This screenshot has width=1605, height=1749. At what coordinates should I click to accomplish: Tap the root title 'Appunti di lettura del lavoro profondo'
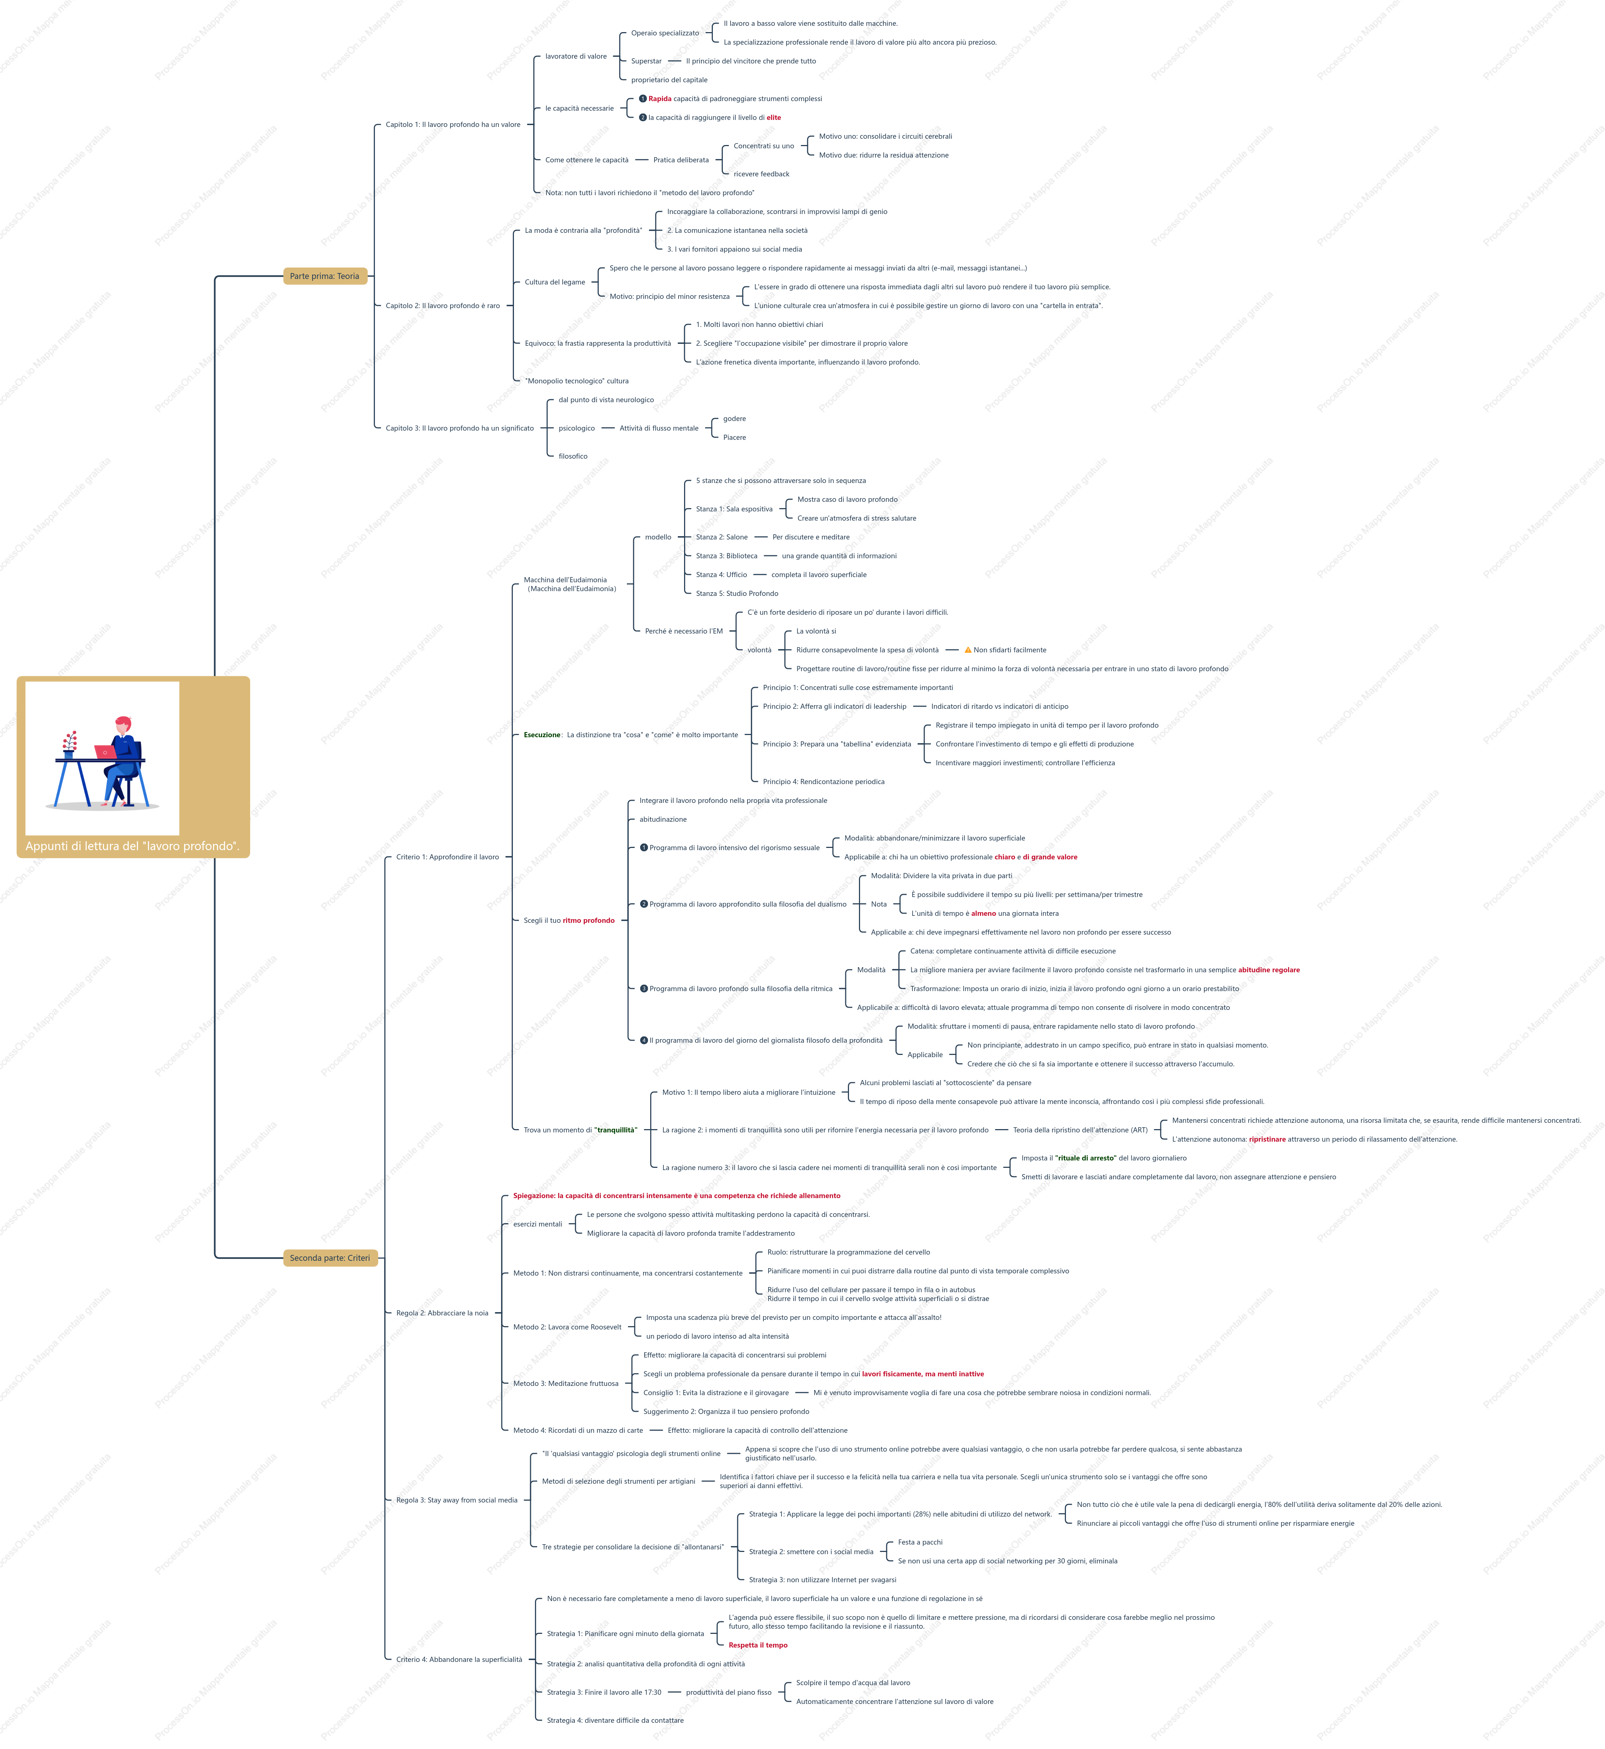click(132, 846)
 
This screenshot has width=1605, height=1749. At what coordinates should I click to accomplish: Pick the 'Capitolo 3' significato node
click(459, 428)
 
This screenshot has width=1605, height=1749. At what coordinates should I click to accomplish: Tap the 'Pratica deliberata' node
click(681, 160)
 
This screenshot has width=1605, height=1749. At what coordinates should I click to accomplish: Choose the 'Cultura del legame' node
click(555, 282)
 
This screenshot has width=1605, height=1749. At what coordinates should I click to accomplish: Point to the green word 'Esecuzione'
click(542, 735)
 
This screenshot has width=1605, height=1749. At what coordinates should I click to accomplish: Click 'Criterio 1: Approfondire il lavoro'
click(447, 857)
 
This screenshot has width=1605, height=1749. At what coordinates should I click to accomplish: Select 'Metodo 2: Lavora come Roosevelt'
click(567, 1327)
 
